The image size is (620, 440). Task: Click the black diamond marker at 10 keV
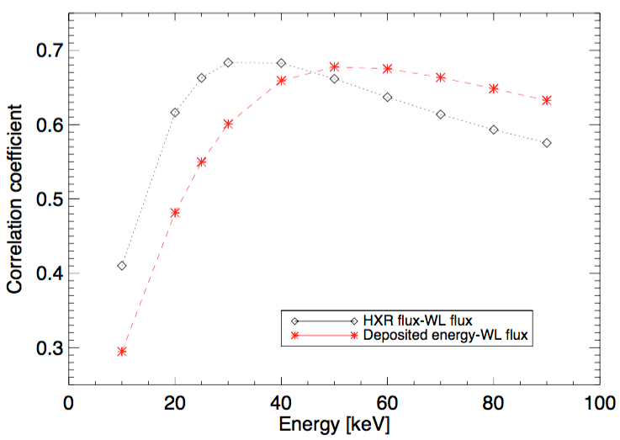[x=122, y=266]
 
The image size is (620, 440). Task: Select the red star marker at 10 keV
[x=122, y=351]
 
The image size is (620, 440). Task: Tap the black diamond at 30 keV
[x=228, y=62]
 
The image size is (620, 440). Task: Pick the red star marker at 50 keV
[x=334, y=66]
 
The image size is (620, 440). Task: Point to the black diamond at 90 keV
[x=547, y=143]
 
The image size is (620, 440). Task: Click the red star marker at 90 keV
[x=547, y=100]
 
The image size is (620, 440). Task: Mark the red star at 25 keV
[x=202, y=162]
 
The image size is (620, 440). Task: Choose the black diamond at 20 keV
[x=175, y=113]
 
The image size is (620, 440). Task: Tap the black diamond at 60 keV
[x=387, y=97]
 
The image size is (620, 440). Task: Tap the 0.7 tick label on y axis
[x=44, y=50]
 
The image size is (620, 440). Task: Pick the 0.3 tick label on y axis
[x=44, y=347]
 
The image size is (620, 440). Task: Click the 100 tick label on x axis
[x=600, y=400]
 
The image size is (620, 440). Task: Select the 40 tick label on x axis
[x=281, y=400]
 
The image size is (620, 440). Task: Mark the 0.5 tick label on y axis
[x=44, y=199]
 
